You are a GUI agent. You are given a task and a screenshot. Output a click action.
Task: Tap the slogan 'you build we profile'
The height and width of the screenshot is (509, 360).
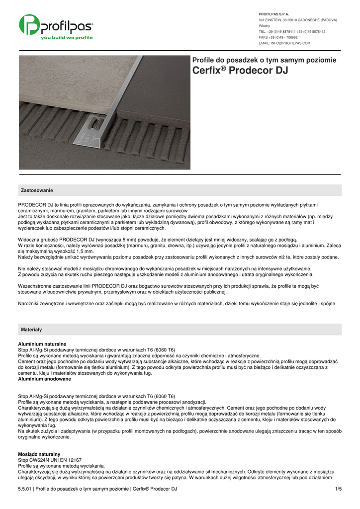click(67, 38)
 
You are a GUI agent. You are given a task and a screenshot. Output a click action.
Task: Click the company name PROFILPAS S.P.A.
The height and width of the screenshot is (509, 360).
click(274, 14)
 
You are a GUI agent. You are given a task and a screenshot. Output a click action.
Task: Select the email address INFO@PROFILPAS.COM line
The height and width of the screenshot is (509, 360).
click(284, 43)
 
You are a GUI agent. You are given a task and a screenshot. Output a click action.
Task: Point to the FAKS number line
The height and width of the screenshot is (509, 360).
click(278, 37)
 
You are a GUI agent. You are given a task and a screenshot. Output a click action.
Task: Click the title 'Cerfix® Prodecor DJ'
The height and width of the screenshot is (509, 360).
click(240, 71)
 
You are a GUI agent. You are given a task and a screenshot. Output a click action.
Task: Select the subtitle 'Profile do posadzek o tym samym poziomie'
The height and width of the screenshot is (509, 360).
click(264, 60)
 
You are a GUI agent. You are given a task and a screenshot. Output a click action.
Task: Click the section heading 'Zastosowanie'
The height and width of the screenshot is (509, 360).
click(37, 190)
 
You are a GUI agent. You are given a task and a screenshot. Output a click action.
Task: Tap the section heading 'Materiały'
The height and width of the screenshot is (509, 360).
click(31, 330)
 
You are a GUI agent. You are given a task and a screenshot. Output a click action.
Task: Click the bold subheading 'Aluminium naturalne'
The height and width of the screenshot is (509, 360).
click(42, 344)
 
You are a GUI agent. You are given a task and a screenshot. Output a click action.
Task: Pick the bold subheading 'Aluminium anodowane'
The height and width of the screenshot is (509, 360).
click(44, 379)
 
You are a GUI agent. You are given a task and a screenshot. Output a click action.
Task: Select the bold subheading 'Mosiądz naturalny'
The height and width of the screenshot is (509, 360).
click(39, 454)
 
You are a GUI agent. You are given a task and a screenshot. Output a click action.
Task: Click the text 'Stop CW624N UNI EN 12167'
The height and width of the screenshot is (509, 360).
click(50, 460)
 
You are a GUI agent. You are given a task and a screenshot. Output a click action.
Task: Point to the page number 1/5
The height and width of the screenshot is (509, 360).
click(338, 489)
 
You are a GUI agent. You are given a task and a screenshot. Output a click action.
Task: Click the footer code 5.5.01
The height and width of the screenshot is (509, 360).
click(24, 489)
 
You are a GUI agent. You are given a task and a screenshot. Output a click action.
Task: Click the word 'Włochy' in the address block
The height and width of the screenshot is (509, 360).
click(265, 25)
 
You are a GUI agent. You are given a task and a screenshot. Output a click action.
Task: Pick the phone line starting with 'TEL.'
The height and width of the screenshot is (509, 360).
click(292, 31)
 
